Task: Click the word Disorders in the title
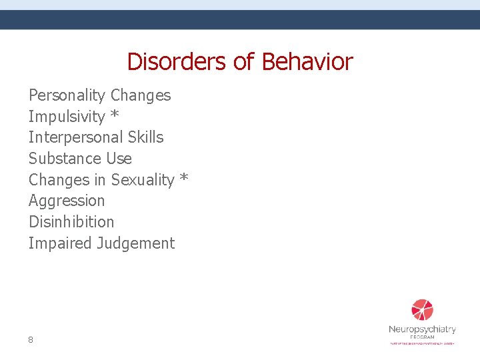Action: click(178, 62)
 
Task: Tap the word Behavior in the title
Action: click(307, 62)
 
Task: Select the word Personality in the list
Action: click(67, 96)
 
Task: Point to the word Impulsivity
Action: click(67, 117)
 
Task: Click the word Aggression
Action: click(67, 201)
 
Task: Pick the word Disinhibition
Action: click(71, 222)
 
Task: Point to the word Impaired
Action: click(60, 244)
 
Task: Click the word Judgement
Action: click(135, 244)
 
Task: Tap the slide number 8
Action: click(31, 340)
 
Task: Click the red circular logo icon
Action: click(422, 310)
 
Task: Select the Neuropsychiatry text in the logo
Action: click(422, 329)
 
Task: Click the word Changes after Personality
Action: click(141, 96)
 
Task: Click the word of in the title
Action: click(245, 62)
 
